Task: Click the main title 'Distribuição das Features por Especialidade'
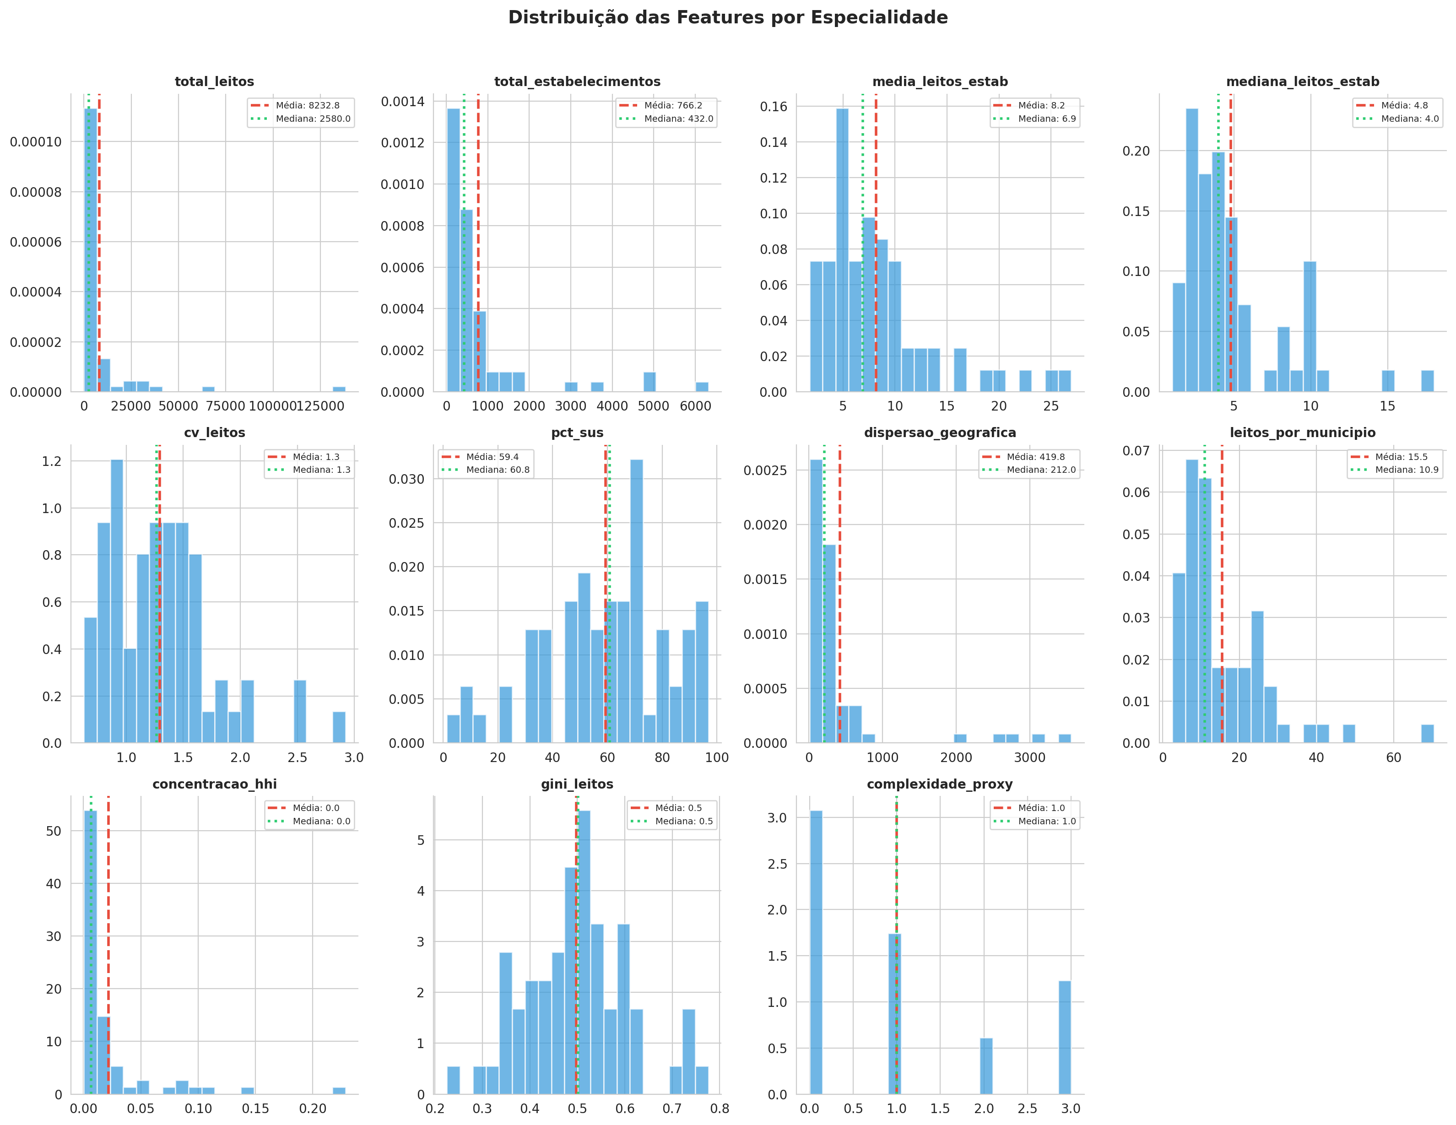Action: click(727, 17)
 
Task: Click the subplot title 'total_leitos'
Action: click(214, 81)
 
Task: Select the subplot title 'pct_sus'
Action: click(577, 433)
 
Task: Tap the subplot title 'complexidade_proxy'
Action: click(939, 784)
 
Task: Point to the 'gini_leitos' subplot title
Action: click(577, 784)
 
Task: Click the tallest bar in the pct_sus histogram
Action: click(636, 600)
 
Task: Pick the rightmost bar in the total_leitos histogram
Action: click(339, 389)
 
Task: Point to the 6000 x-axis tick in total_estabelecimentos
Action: click(695, 406)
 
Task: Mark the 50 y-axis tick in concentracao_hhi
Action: click(54, 831)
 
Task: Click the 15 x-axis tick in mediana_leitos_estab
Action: click(1387, 406)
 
